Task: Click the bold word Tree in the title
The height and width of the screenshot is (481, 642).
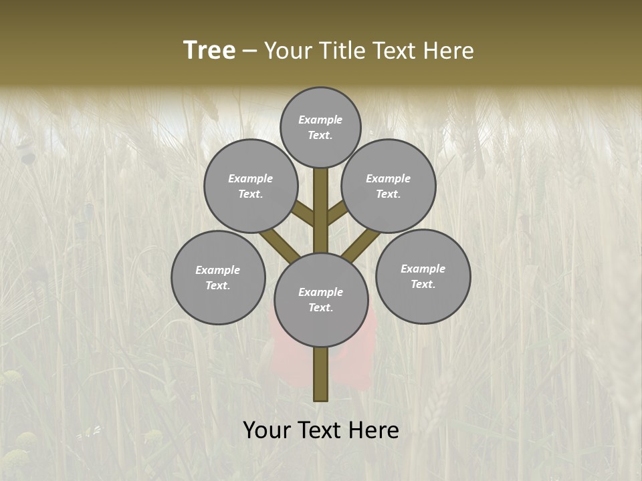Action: coord(209,51)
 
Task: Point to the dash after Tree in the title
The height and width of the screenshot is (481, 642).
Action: coord(250,51)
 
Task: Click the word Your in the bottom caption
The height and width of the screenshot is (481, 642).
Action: coord(266,430)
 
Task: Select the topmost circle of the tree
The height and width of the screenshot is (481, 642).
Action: coord(320,127)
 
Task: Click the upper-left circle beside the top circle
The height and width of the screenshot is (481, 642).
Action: coord(251,186)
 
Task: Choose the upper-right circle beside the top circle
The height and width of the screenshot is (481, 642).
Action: coord(389,186)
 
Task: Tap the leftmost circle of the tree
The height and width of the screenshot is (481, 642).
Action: coord(218,277)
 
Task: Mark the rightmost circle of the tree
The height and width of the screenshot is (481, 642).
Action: coord(423,276)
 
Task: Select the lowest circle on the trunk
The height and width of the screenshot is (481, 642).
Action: coord(321,299)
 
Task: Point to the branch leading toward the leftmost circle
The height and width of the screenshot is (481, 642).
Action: coord(280,243)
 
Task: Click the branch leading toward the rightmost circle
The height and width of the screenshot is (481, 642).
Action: coord(361,243)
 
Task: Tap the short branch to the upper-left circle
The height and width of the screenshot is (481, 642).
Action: coord(304,214)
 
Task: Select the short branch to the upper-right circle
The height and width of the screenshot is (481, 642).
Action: coord(336,214)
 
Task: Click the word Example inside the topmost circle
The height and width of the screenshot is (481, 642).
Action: coord(320,120)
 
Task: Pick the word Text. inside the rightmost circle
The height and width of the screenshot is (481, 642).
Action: coord(423,284)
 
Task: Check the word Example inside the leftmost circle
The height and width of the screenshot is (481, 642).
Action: coord(218,270)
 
